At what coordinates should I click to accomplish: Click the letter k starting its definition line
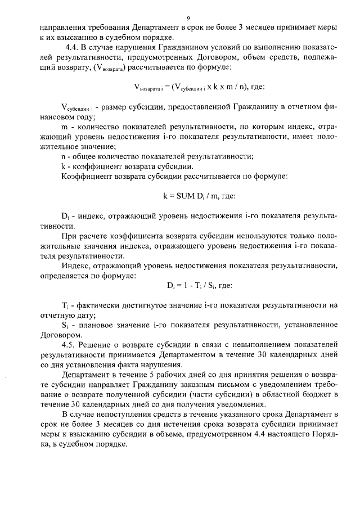point(62,166)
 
